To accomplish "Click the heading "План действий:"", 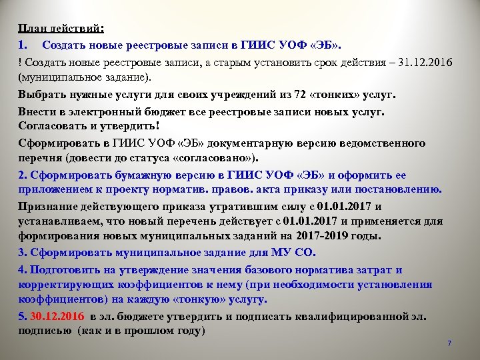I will (x=61, y=29).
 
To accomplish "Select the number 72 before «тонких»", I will (x=266, y=94).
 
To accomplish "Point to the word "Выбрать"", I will (x=40, y=94).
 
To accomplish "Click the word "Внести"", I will (x=37, y=111).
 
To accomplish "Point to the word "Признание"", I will (x=47, y=207).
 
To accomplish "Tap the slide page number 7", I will (x=449, y=343).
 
